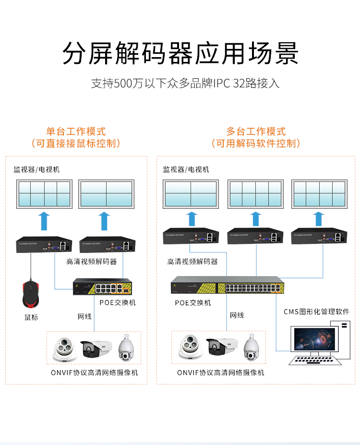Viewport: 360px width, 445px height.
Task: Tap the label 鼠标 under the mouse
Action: click(32, 317)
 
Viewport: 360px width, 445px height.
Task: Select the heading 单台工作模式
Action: click(76, 131)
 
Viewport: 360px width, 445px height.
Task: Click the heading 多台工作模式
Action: click(256, 131)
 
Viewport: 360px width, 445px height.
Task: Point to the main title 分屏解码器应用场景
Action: click(180, 53)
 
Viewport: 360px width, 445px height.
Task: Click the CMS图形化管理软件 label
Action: click(316, 312)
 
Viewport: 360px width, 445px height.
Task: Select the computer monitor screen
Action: click(314, 341)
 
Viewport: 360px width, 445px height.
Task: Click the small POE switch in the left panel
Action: click(101, 288)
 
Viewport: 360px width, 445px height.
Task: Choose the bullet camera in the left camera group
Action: click(96, 349)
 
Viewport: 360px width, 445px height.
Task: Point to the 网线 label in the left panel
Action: click(85, 316)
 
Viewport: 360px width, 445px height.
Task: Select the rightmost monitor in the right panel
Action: click(319, 194)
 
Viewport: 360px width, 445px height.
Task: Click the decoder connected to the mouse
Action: click(44, 244)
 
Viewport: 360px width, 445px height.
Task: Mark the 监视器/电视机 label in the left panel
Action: click(36, 169)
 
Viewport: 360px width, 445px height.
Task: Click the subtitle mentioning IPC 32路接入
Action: click(185, 83)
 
